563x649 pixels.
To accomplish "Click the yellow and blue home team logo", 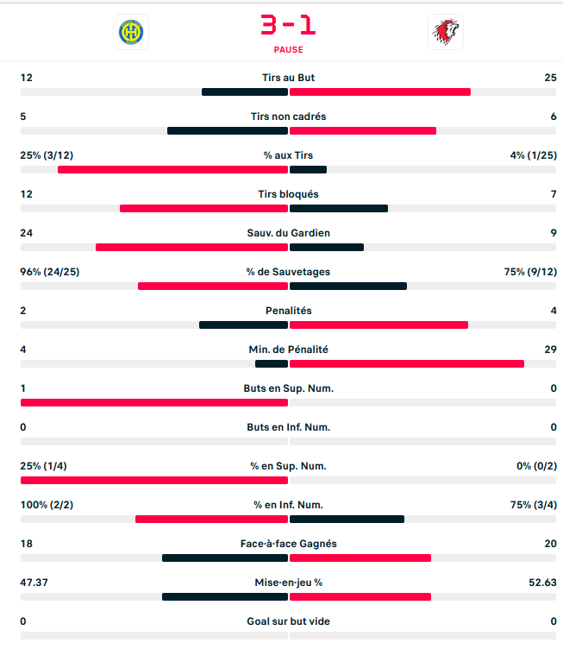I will pos(131,33).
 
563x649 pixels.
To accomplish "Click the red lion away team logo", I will pos(445,33).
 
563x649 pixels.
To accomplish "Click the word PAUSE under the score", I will pos(288,50).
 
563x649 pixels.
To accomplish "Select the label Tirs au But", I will pos(288,78).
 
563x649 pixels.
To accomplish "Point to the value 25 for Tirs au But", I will pos(550,78).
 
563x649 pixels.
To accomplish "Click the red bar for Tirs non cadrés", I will pos(362,131).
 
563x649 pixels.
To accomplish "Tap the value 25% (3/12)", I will pos(46,155).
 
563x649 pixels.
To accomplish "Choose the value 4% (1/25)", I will pos(534,155).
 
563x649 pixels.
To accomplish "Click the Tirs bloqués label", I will pos(288,194).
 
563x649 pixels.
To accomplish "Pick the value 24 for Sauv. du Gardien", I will pos(27,233).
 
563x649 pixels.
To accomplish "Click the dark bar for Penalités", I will pos(243,325).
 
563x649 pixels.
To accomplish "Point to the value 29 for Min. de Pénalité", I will pos(550,350).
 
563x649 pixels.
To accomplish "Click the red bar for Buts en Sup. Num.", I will pos(153,403).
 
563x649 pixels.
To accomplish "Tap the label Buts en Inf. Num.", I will pos(288,427).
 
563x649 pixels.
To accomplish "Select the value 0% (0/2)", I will pos(536,466).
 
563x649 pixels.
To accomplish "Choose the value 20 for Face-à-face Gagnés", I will pos(550,544).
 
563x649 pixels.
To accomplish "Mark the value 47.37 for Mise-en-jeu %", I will pos(34,583).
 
